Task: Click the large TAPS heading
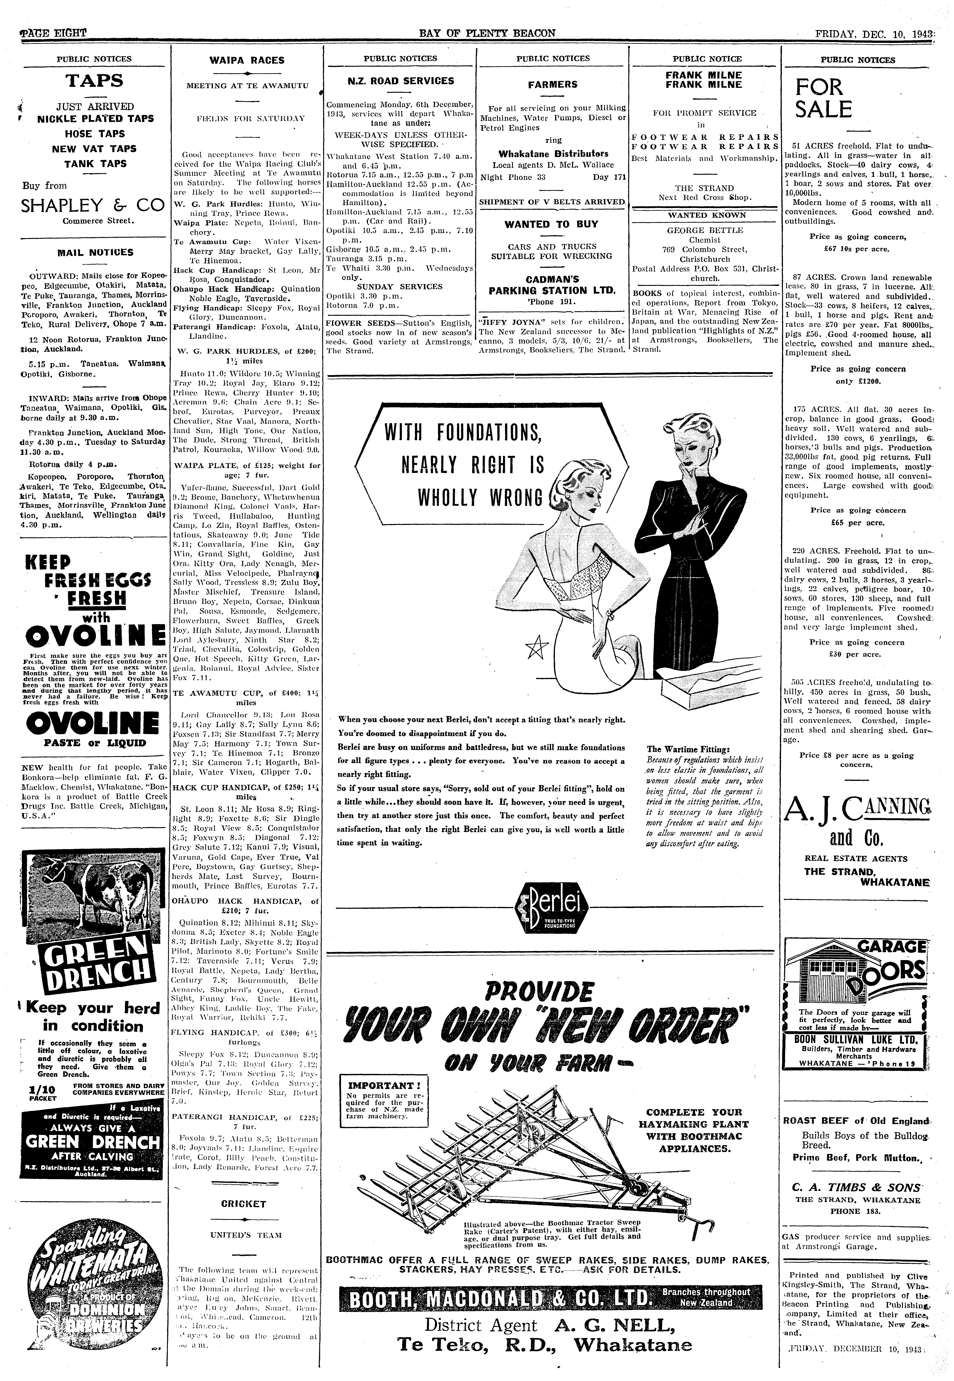[94, 81]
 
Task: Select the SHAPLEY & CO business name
[93, 206]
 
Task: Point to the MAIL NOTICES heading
[95, 252]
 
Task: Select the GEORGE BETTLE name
[705, 230]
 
